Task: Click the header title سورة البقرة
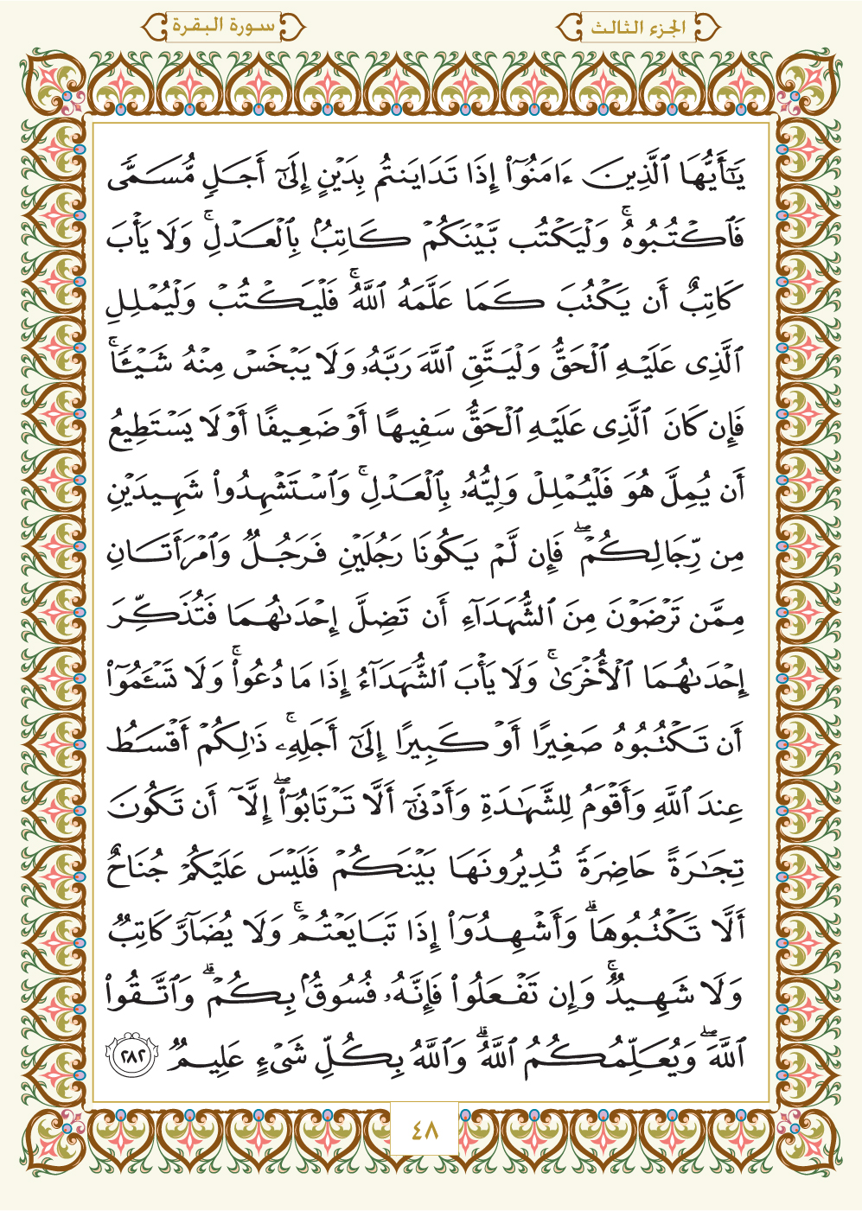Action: tap(223, 27)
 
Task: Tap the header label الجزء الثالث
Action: tap(638, 28)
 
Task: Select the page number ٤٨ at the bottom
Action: tap(425, 1129)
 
